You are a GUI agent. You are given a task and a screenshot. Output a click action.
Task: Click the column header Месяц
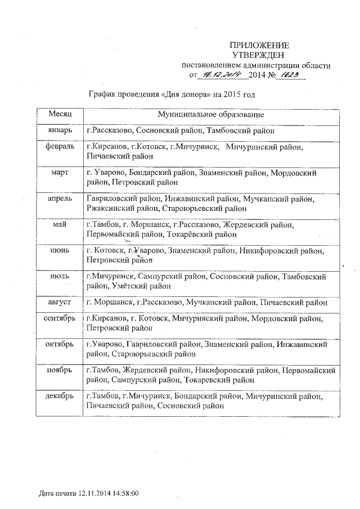pyautogui.click(x=59, y=114)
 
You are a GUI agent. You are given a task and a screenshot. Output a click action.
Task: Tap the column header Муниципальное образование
pyautogui.click(x=210, y=115)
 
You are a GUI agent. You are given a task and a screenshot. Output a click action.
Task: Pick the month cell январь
pyautogui.click(x=59, y=130)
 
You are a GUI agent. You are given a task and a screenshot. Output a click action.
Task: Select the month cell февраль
pyautogui.click(x=59, y=147)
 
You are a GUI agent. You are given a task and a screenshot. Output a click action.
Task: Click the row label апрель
pyautogui.click(x=59, y=199)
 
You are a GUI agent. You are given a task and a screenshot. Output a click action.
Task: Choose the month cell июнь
pyautogui.click(x=59, y=250)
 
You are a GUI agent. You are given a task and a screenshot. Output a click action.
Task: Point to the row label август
pyautogui.click(x=59, y=302)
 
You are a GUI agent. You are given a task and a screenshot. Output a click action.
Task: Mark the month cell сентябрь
pyautogui.click(x=59, y=318)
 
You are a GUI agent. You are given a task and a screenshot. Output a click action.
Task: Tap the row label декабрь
pyautogui.click(x=59, y=397)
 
